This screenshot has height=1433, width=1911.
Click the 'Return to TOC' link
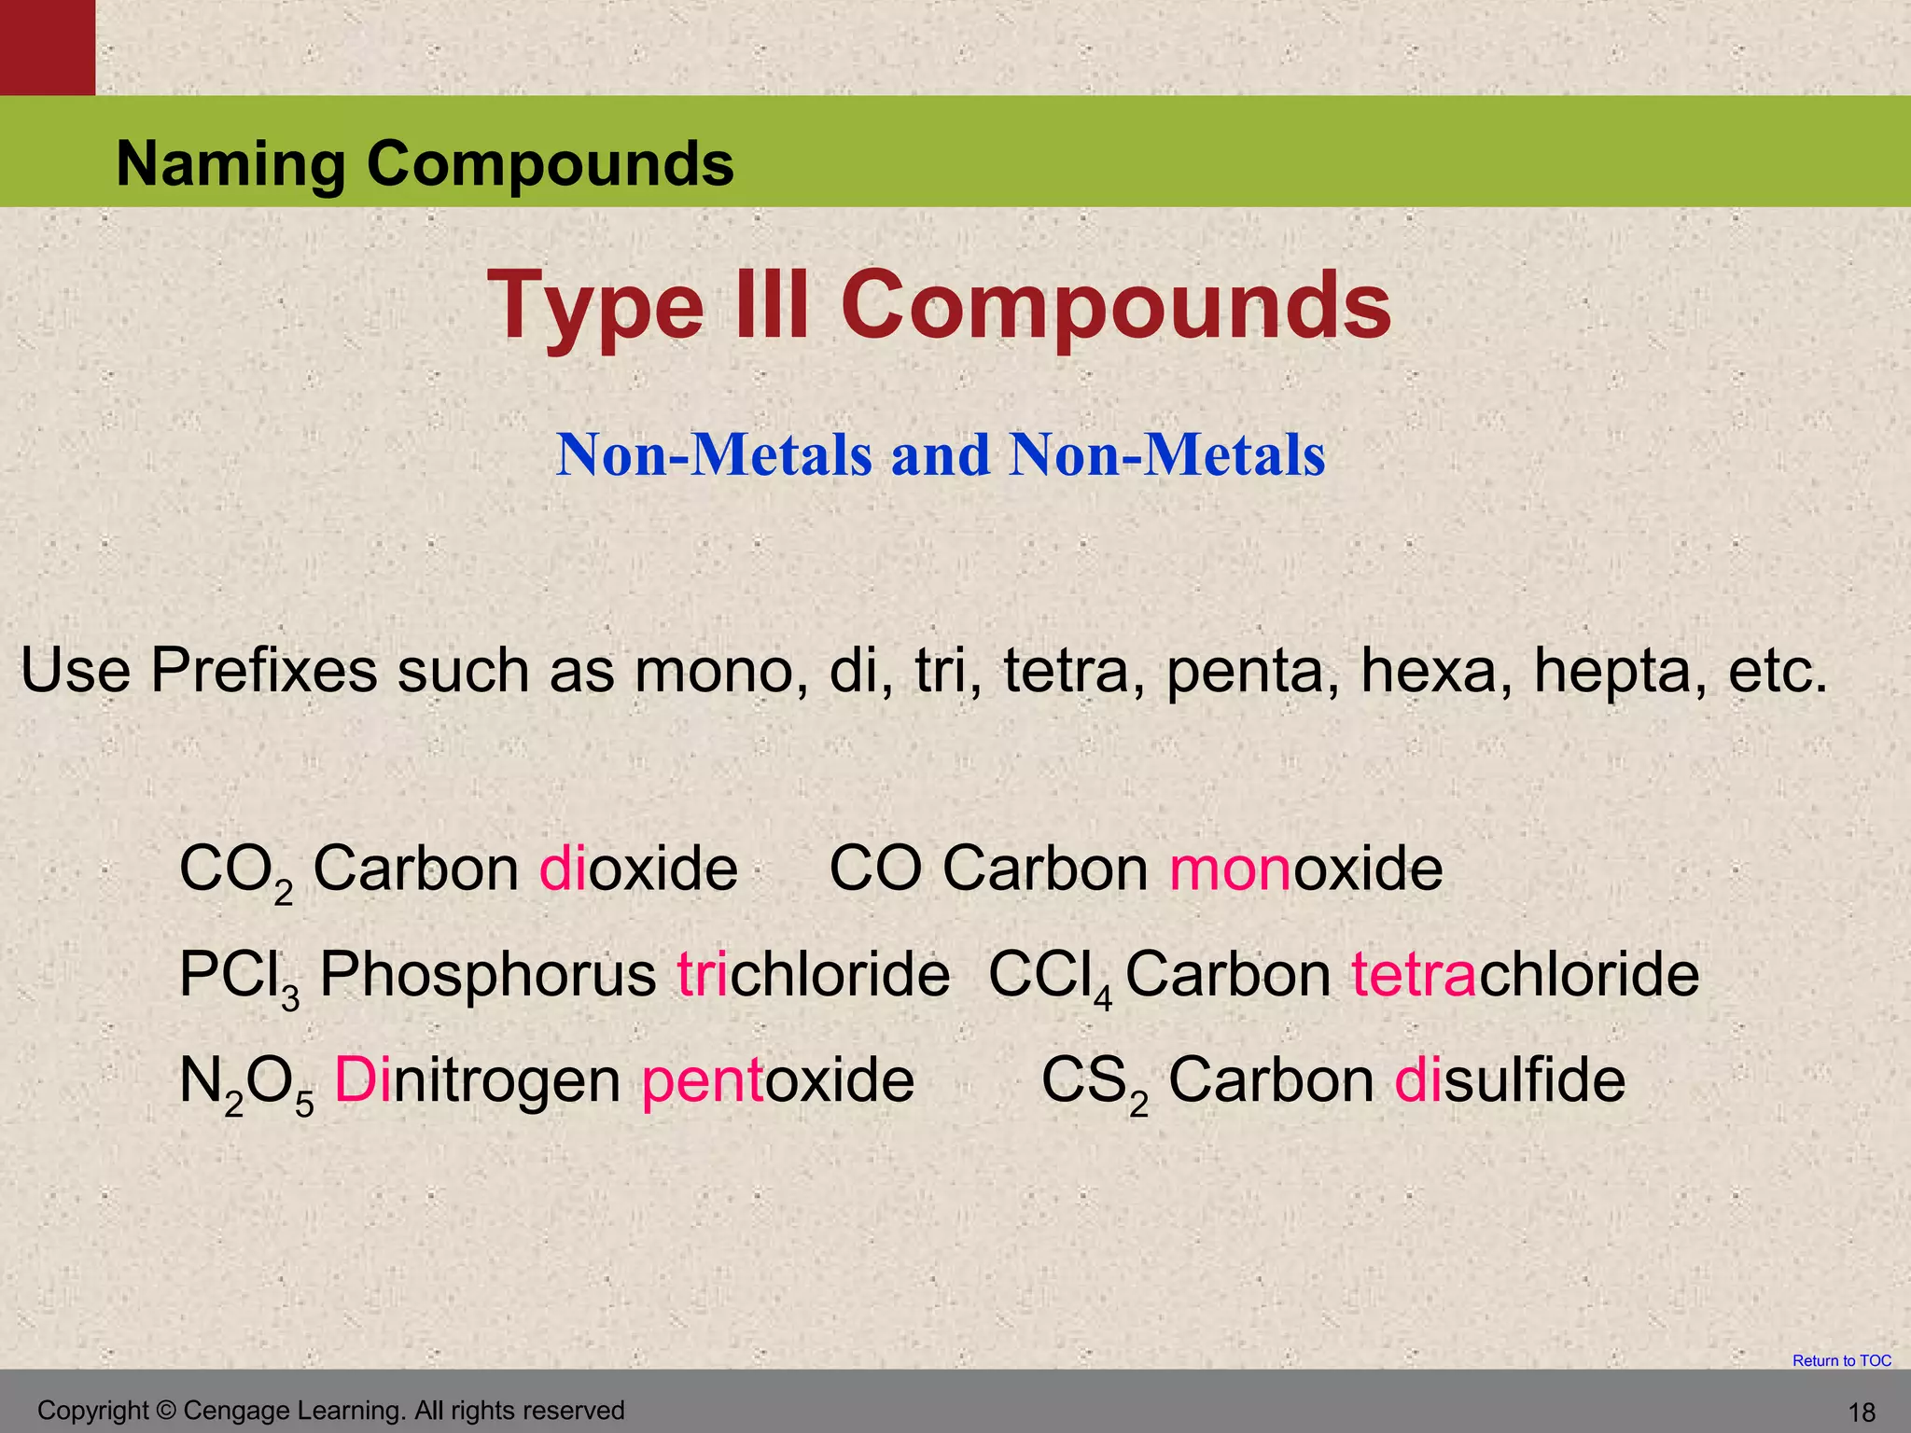1841,1360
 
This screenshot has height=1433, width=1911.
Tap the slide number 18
1862,1412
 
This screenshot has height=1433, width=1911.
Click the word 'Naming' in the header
230,164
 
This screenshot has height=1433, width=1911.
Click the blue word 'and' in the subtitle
941,455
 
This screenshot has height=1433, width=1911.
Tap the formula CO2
236,870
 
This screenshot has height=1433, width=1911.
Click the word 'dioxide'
639,869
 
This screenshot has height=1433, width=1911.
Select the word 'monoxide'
1305,869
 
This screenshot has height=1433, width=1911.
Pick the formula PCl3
239,977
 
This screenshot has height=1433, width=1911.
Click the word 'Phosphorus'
488,976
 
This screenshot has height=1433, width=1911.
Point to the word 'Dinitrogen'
477,1081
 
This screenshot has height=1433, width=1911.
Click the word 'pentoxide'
778,1081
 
